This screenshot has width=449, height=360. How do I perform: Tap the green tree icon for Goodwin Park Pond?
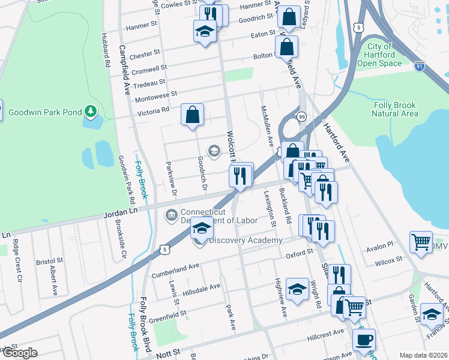tap(91, 111)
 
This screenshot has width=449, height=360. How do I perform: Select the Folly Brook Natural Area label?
tap(394, 109)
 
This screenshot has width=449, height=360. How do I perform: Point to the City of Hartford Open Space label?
tap(384, 55)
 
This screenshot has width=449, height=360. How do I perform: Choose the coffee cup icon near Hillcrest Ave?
tap(363, 340)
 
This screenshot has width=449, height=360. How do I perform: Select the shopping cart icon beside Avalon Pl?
tap(421, 242)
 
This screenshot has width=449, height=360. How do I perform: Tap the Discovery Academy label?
tap(245, 241)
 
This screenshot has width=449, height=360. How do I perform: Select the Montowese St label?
tap(157, 95)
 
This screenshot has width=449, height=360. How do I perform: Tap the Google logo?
tap(19, 353)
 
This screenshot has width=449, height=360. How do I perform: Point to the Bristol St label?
tap(49, 262)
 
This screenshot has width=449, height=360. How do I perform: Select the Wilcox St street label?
tap(388, 261)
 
